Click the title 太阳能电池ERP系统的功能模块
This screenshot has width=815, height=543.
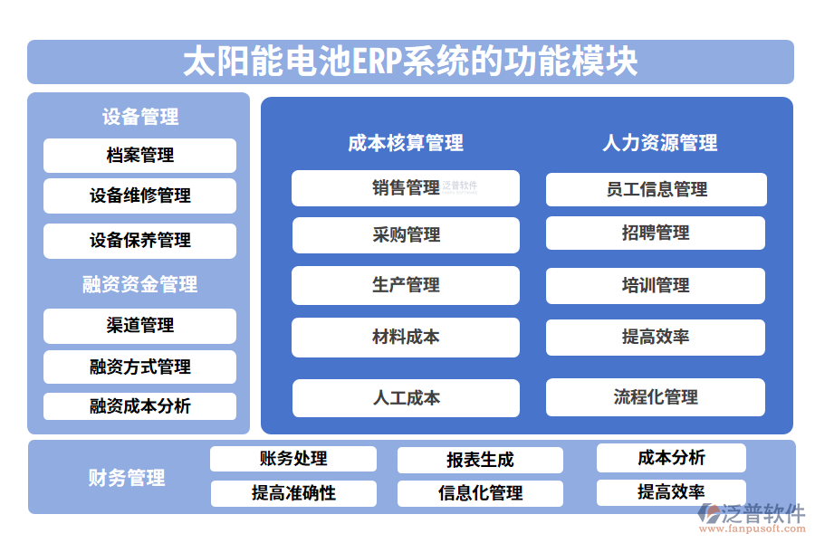point(410,62)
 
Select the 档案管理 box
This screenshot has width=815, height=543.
point(139,156)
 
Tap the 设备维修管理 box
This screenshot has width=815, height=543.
point(139,195)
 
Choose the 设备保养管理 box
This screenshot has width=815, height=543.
point(139,240)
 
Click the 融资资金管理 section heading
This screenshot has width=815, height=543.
point(139,284)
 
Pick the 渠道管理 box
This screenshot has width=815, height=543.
point(139,326)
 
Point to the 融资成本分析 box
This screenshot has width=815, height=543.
point(139,406)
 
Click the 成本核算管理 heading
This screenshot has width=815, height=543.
point(406,143)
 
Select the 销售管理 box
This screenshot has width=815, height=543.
point(406,188)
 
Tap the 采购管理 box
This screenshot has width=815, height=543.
point(406,235)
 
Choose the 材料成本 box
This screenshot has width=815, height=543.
point(406,337)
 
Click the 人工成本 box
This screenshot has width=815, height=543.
point(406,397)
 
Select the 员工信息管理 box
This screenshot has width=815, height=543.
point(657,189)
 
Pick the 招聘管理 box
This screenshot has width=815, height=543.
point(656,233)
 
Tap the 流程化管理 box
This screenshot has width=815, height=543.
point(656,397)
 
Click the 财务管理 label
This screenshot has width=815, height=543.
point(127,478)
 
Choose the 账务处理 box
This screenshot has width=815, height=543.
point(293,459)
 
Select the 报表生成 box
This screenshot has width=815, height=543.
point(480,460)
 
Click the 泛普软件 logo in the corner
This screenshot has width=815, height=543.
point(751,517)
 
